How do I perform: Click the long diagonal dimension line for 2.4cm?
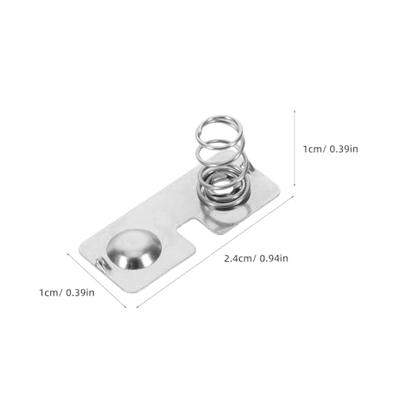point(210,250)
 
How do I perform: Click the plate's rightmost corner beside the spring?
point(281,190)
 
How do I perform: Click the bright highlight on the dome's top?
point(127,240)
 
